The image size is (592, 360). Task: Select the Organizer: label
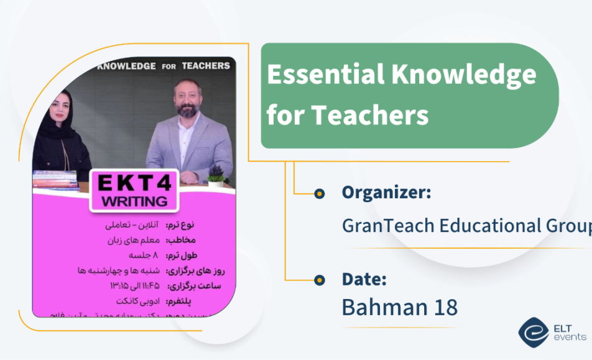[x=386, y=193]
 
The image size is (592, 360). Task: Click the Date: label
[x=364, y=279]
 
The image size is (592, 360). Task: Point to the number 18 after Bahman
[x=443, y=307]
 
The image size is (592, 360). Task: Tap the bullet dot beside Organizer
[x=320, y=194]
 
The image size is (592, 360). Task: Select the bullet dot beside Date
[x=320, y=280]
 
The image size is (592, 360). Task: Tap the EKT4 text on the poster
[x=134, y=183]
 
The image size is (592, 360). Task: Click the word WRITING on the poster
[x=134, y=201]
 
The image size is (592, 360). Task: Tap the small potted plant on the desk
[x=216, y=177]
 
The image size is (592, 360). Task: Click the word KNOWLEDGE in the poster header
[x=127, y=66]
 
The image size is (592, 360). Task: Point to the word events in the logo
[x=570, y=337]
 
